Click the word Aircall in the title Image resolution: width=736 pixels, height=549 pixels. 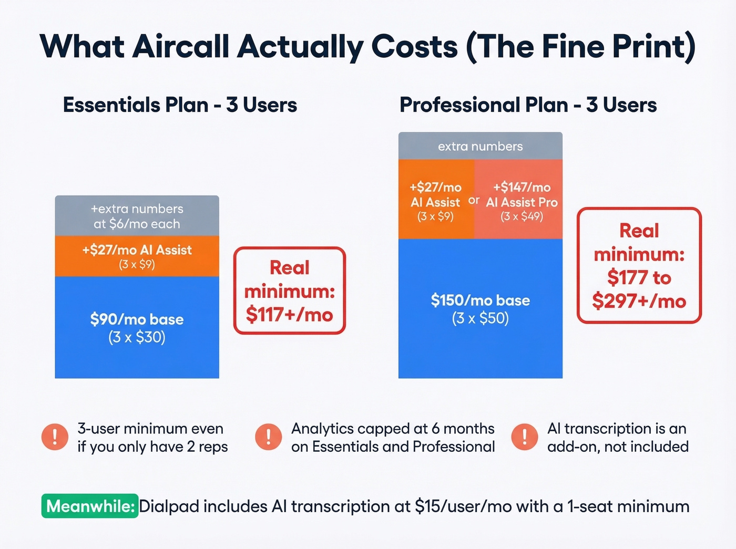click(x=180, y=46)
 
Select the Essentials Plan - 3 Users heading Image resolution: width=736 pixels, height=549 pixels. click(x=180, y=105)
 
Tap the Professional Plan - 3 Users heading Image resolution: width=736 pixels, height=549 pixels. click(x=528, y=105)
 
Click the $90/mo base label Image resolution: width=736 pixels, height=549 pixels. click(x=137, y=319)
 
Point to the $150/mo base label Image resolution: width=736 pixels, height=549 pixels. click(x=480, y=301)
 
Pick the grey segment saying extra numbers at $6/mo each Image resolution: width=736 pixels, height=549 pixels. click(x=137, y=216)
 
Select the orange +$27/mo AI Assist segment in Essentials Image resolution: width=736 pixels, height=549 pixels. click(x=137, y=256)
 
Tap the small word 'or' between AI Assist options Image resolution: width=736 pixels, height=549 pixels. click(x=474, y=200)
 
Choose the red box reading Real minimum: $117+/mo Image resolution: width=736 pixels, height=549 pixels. click(x=289, y=291)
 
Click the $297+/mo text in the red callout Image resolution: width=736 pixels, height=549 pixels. click(x=639, y=302)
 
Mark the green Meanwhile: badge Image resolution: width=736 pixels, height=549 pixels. click(x=90, y=506)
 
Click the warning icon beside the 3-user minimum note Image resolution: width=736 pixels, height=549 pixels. click(x=55, y=437)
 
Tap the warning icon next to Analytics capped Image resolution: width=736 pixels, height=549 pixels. click(x=269, y=437)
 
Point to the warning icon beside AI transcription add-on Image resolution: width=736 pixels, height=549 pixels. click(x=525, y=437)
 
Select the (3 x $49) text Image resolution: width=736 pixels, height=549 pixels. click(x=522, y=216)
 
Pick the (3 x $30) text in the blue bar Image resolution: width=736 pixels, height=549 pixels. click(x=137, y=337)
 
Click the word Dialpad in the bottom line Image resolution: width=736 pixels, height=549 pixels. click(x=169, y=506)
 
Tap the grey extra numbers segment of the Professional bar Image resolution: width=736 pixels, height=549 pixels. click(x=480, y=146)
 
